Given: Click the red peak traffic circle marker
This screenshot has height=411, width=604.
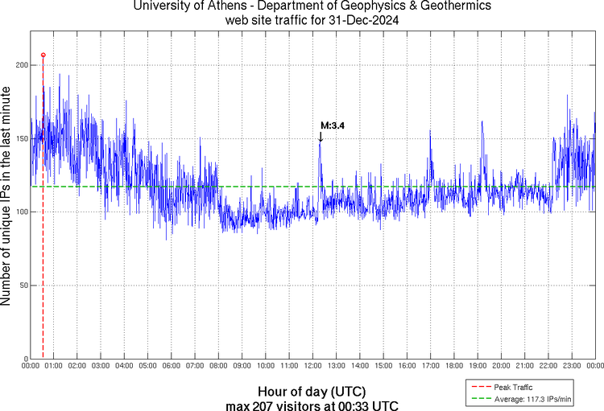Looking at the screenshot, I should [x=43, y=55].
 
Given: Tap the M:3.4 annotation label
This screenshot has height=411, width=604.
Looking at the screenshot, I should [x=333, y=125].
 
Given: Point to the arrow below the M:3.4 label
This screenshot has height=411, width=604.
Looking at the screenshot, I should [x=320, y=138].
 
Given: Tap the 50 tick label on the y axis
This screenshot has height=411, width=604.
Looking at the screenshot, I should [x=22, y=286].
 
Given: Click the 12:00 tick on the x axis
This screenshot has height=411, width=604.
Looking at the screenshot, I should [x=312, y=367].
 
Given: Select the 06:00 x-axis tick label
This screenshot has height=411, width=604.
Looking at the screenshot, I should [x=172, y=367].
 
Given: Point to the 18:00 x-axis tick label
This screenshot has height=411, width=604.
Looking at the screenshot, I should [x=453, y=367].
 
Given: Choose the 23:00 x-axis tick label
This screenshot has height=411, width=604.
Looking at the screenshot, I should [x=571, y=367].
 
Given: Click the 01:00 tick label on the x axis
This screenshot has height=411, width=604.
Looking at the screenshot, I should [x=54, y=367].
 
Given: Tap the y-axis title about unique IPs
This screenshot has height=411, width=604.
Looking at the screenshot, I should [x=7, y=197].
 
